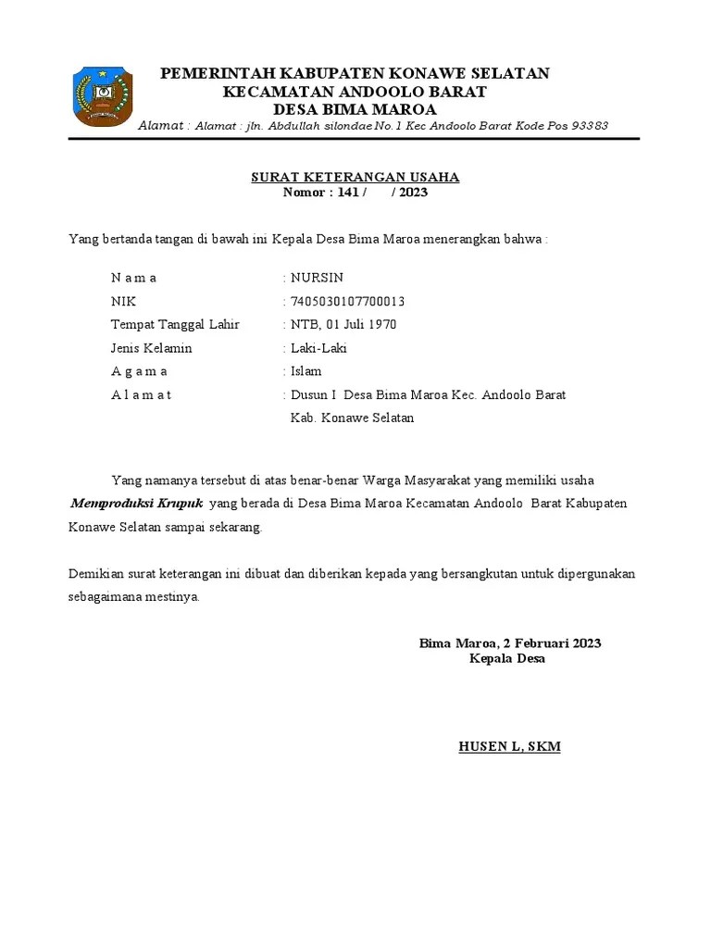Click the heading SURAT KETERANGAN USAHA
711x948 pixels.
[x=355, y=177]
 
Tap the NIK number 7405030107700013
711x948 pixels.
[x=347, y=302]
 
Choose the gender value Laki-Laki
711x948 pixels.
[x=319, y=348]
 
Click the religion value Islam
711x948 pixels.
[x=306, y=371]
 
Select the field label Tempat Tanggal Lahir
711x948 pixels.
[x=175, y=325]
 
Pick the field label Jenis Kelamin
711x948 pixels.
[x=151, y=348]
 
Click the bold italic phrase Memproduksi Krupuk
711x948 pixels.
[x=137, y=504]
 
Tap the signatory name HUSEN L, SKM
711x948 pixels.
[x=509, y=746]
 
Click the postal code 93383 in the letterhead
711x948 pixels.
[x=588, y=126]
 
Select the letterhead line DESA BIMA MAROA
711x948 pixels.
[x=355, y=109]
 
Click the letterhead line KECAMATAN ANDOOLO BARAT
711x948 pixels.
[x=355, y=92]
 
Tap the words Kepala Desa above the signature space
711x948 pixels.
[x=507, y=659]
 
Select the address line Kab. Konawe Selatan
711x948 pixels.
[x=353, y=418]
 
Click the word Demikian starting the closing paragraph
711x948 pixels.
[x=94, y=574]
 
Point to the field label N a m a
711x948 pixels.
[x=134, y=278]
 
